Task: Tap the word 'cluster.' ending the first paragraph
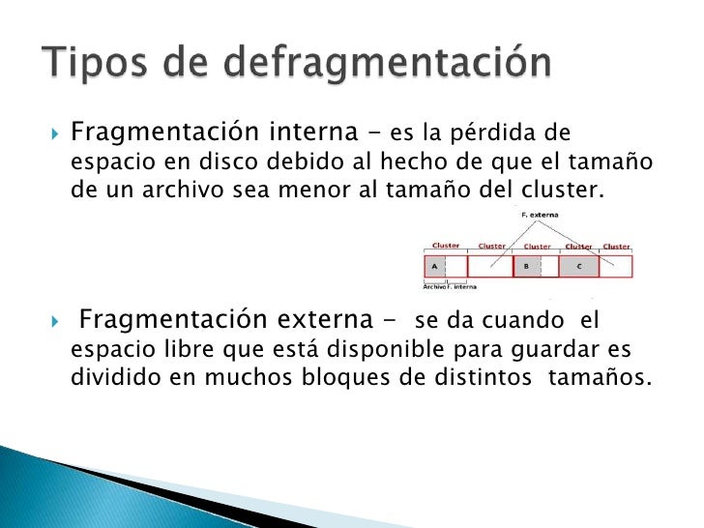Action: coord(566,190)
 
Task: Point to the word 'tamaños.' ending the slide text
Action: coord(600,377)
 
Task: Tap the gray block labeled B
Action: coord(527,265)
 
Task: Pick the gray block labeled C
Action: coord(578,265)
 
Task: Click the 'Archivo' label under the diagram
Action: coord(435,286)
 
